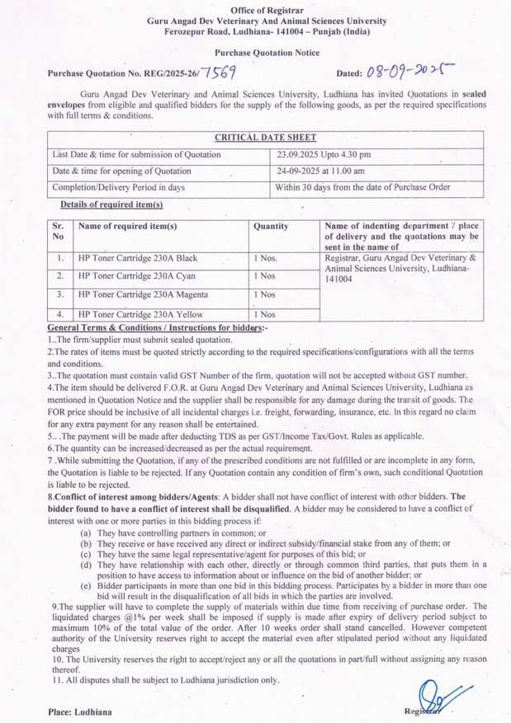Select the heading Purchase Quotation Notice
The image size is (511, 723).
255,52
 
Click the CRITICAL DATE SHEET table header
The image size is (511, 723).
266,138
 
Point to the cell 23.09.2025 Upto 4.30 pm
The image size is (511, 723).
324,154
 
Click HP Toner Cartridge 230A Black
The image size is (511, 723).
137,258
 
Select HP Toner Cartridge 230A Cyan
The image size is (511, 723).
136,276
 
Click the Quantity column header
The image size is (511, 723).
271,225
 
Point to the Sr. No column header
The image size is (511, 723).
58,231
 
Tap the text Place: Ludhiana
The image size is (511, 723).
80,711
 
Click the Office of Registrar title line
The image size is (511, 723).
255,8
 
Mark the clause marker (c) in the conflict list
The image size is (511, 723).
86,555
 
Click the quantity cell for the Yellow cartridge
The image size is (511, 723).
265,313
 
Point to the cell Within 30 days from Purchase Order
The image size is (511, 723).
363,187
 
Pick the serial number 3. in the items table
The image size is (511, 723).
60,294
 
